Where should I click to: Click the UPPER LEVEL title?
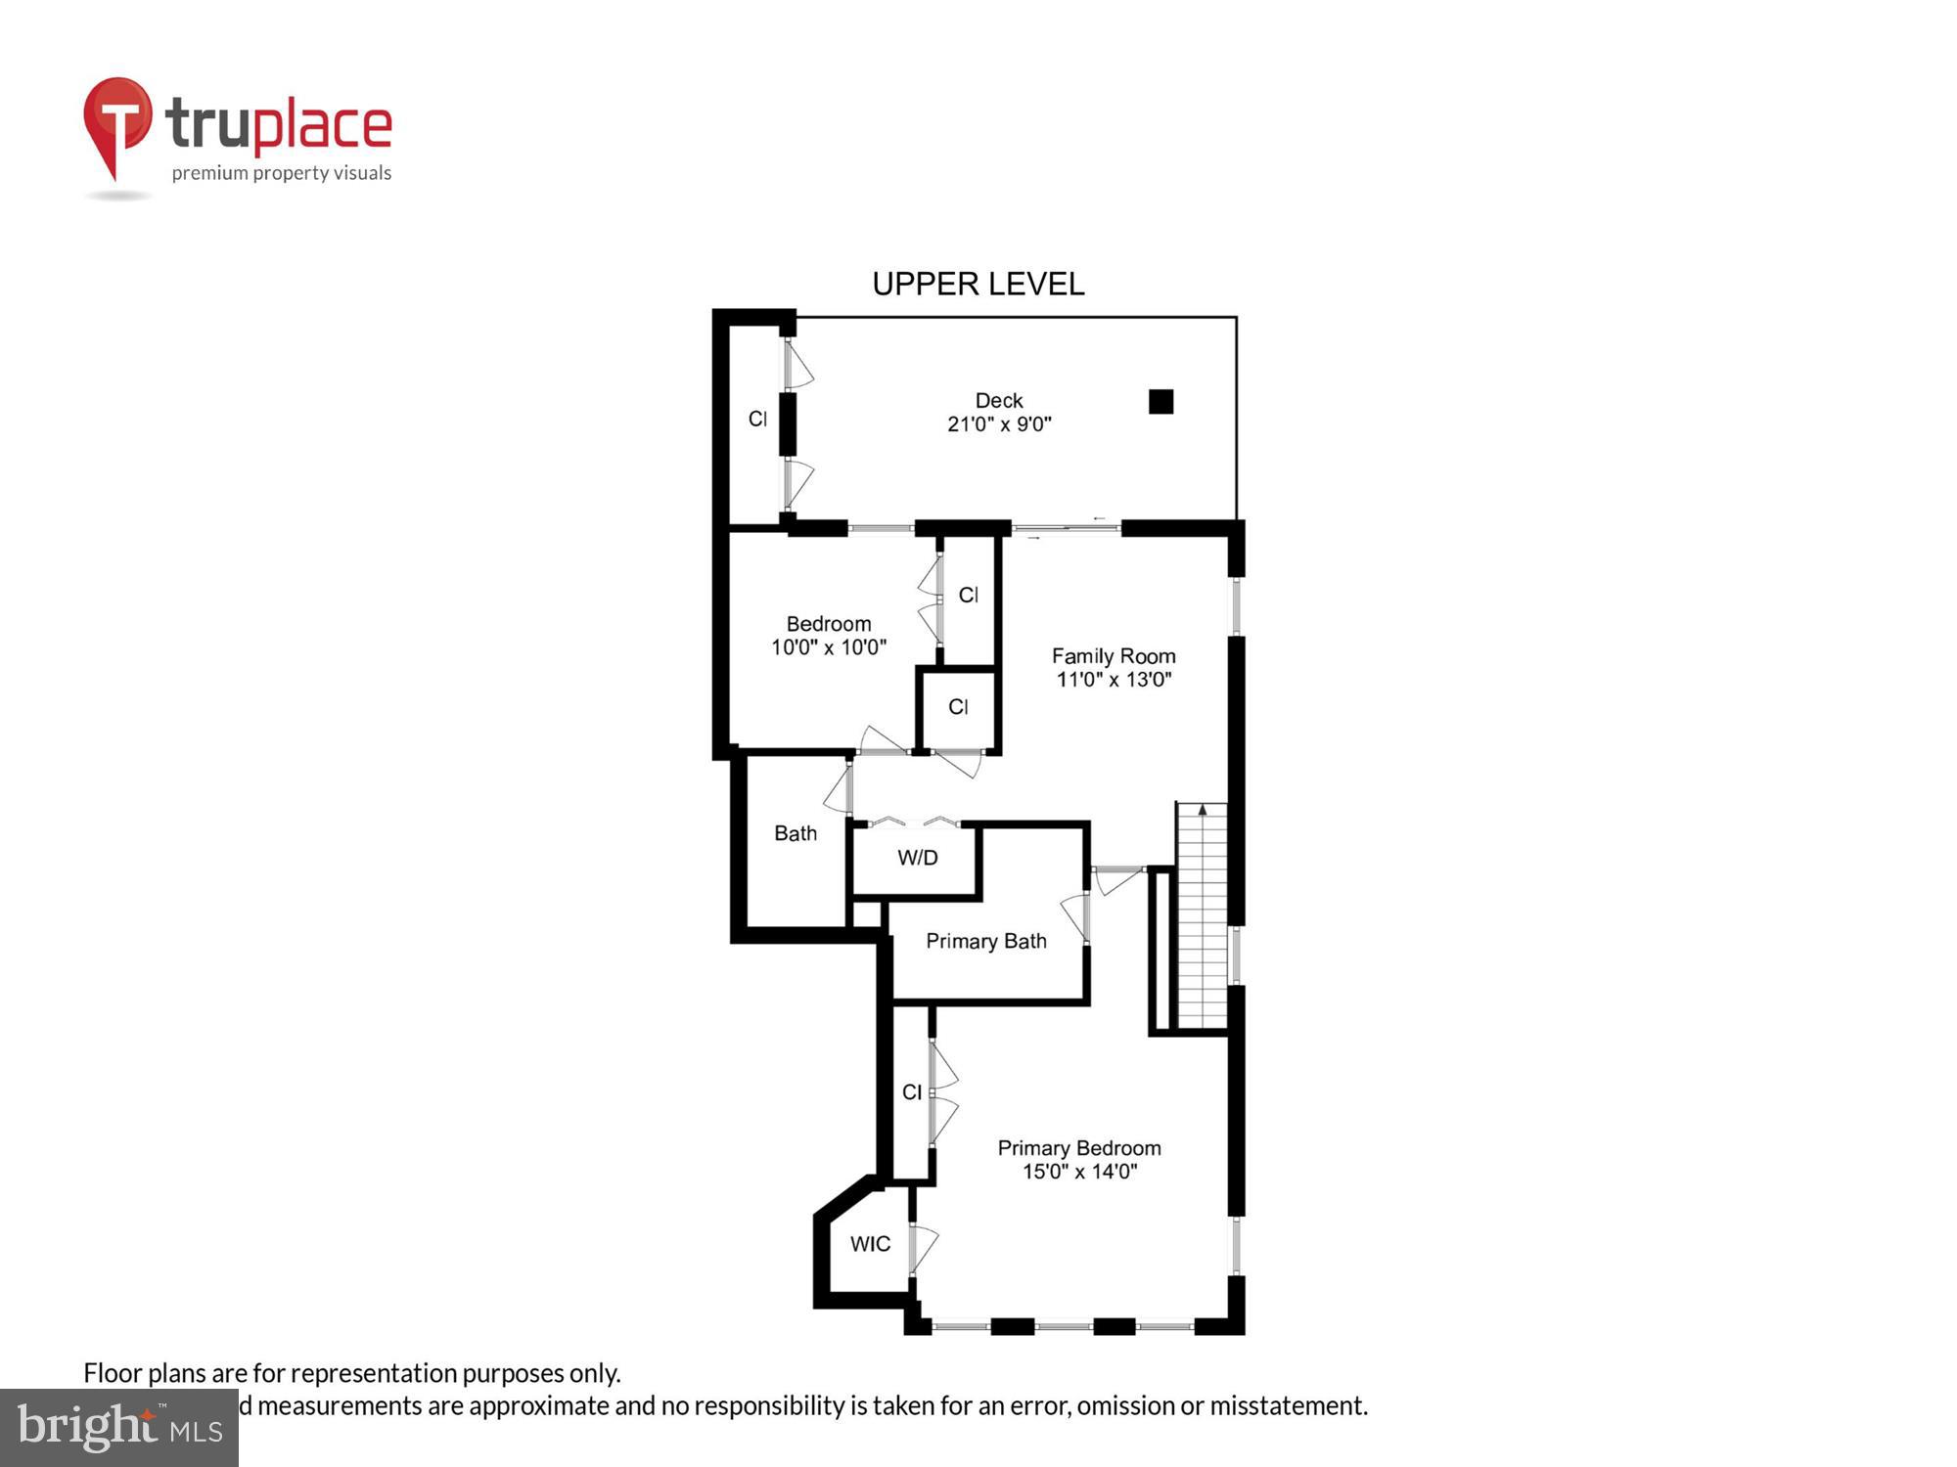pyautogui.click(x=978, y=285)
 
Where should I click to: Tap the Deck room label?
pyautogui.click(x=998, y=400)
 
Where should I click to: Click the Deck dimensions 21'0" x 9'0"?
pyautogui.click(x=998, y=424)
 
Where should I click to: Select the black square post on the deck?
pyautogui.click(x=1161, y=401)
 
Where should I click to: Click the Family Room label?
pyautogui.click(x=1113, y=656)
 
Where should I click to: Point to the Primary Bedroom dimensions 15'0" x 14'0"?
pyautogui.click(x=1078, y=1172)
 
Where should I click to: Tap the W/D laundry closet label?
pyautogui.click(x=917, y=858)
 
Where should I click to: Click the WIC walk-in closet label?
pyautogui.click(x=870, y=1244)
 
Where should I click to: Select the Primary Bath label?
pyautogui.click(x=985, y=941)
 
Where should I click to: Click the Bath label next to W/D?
pyautogui.click(x=795, y=833)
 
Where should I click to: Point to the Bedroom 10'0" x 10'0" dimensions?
pyautogui.click(x=828, y=647)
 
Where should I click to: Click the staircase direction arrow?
pyautogui.click(x=1203, y=810)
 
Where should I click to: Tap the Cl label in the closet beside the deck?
pyautogui.click(x=756, y=419)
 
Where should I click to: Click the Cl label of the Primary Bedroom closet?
pyautogui.click(x=911, y=1091)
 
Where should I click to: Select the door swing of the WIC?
pyautogui.click(x=924, y=1248)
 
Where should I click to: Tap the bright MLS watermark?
pyautogui.click(x=119, y=1427)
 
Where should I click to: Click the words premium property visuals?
pyautogui.click(x=281, y=173)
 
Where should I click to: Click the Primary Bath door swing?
pyautogui.click(x=1074, y=916)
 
